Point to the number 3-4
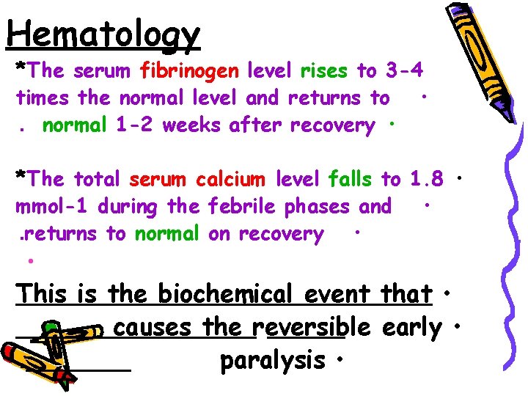click(406, 71)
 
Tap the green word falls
click(352, 179)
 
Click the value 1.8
click(427, 179)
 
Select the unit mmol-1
click(51, 207)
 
